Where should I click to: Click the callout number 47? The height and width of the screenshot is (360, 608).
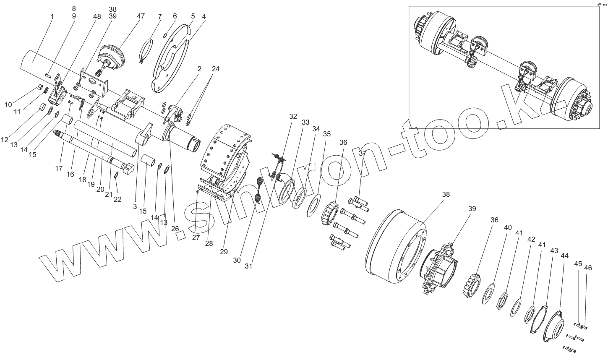click(141, 16)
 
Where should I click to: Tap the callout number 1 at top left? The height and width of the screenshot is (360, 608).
click(52, 16)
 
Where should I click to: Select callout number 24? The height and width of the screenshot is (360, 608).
click(216, 68)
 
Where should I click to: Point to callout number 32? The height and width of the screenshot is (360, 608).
click(293, 116)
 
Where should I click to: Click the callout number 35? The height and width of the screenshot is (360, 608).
click(326, 134)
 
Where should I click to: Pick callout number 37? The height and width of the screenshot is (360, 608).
click(363, 153)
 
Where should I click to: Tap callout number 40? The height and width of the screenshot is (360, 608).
click(508, 227)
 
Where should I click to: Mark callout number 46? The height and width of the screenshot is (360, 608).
click(588, 268)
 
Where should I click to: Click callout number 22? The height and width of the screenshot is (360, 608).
click(117, 199)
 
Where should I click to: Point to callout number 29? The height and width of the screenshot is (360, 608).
click(224, 252)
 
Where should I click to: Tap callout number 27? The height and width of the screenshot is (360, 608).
click(196, 237)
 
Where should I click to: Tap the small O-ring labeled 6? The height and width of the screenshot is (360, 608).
click(167, 35)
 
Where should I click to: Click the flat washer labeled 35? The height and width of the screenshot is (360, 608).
click(313, 205)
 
